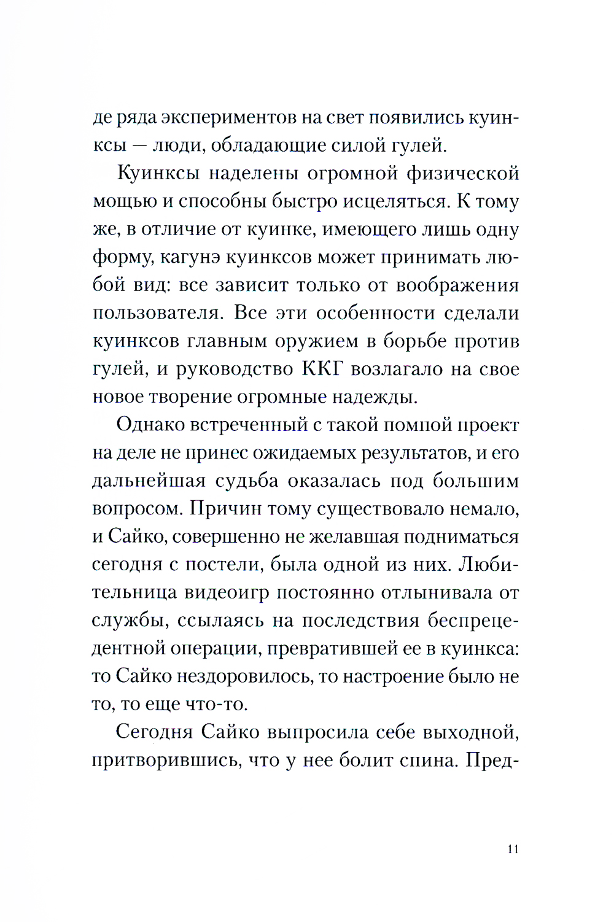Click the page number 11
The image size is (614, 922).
pyautogui.click(x=513, y=849)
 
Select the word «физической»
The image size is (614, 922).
pyautogui.click(x=462, y=174)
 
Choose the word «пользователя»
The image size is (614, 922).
pyautogui.click(x=157, y=313)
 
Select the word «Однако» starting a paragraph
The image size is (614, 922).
pyautogui.click(x=150, y=425)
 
